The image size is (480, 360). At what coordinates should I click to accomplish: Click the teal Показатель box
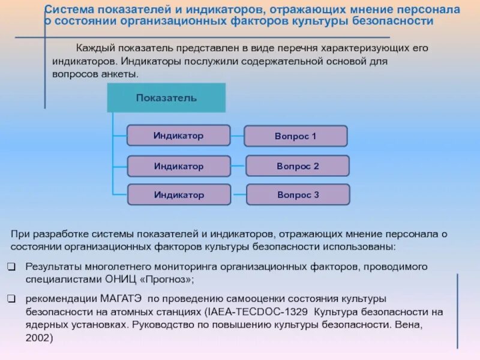(x=166, y=98)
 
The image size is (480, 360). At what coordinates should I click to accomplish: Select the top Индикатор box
(x=178, y=136)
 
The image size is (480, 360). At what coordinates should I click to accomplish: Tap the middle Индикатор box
(x=178, y=166)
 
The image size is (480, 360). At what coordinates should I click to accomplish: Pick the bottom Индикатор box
(x=178, y=195)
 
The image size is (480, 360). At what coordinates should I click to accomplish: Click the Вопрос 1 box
(x=295, y=136)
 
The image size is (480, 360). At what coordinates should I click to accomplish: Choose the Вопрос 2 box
(x=298, y=166)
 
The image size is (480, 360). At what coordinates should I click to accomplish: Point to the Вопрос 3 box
(x=298, y=195)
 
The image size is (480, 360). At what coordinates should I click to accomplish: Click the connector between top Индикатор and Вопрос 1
(x=237, y=136)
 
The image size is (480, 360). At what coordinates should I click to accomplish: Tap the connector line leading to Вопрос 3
(x=238, y=195)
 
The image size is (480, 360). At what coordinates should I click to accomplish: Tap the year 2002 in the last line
(x=39, y=338)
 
